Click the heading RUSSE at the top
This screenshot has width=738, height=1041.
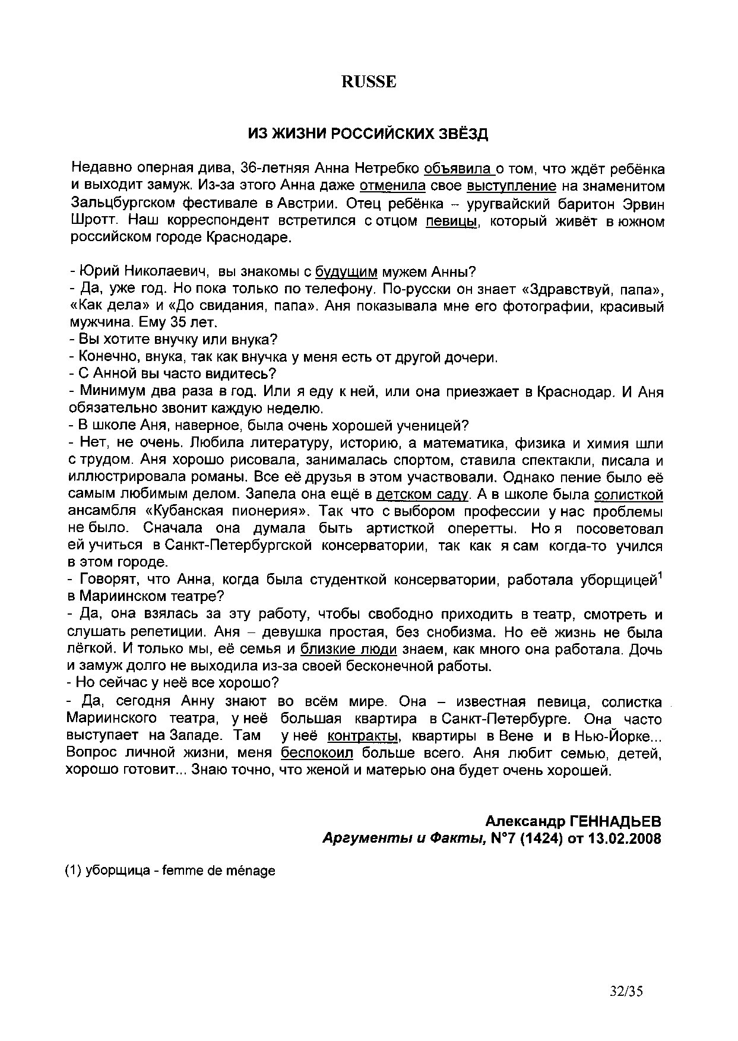(x=368, y=82)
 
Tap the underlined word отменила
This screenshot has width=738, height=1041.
(x=392, y=186)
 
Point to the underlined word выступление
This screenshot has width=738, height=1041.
(x=512, y=186)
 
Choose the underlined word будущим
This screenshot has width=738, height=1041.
(x=346, y=272)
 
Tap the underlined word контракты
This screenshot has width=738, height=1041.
(x=362, y=736)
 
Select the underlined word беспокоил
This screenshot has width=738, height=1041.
(x=317, y=754)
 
